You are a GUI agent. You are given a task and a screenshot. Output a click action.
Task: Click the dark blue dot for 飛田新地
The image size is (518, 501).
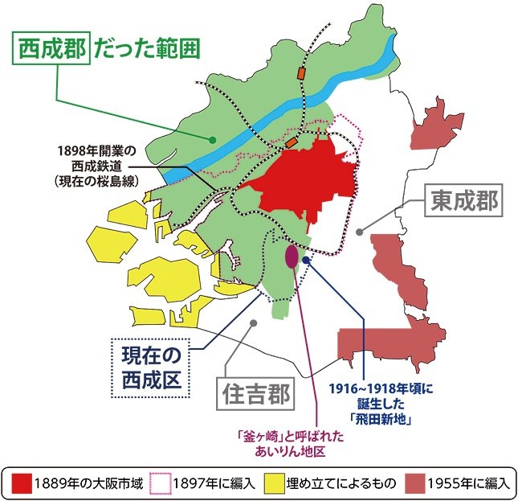[x=308, y=259]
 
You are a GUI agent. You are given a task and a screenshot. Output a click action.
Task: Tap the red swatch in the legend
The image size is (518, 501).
[x=21, y=483]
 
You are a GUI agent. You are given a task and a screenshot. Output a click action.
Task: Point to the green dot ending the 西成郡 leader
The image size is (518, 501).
[x=213, y=139]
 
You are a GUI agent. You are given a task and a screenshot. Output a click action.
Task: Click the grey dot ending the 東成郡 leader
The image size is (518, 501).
[x=361, y=231]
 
